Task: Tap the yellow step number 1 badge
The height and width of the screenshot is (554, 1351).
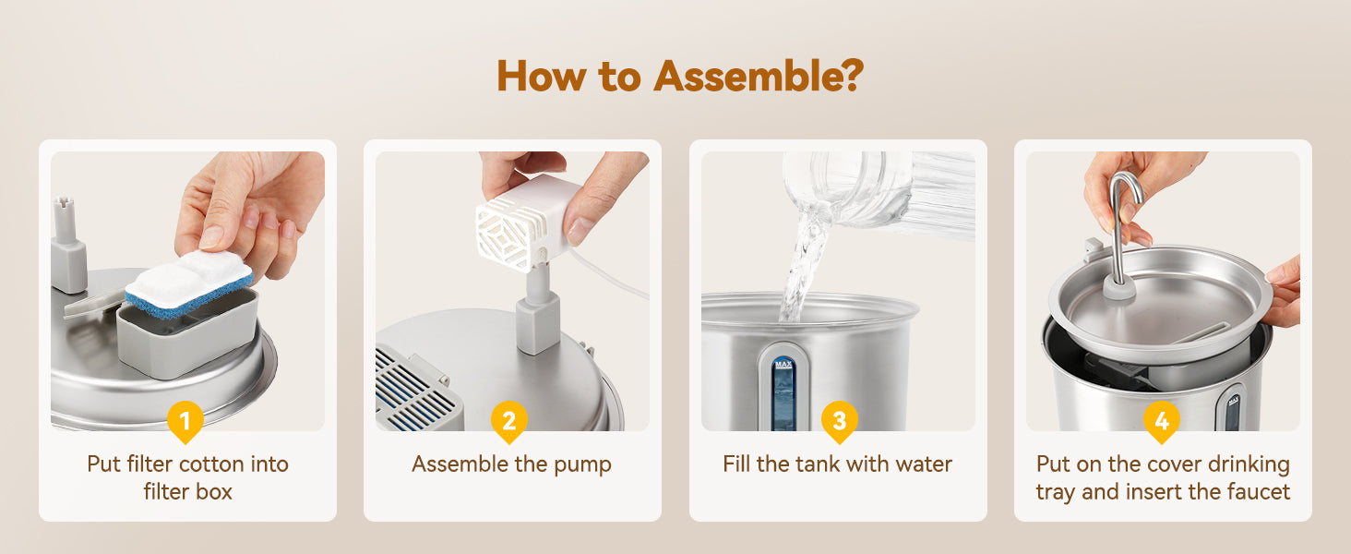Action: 185,421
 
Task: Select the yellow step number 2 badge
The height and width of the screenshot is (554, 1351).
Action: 509,421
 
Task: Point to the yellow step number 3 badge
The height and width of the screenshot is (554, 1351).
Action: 839,421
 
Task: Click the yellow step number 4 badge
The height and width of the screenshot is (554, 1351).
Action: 1162,421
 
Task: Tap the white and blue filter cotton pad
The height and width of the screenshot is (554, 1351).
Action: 189,283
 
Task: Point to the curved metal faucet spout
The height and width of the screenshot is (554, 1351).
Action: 1123,224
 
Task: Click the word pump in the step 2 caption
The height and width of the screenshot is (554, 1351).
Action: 582,465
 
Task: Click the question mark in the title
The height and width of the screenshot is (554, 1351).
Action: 851,76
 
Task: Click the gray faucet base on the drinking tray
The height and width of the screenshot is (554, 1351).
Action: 1119,290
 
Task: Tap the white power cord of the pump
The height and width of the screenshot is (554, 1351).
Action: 610,274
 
